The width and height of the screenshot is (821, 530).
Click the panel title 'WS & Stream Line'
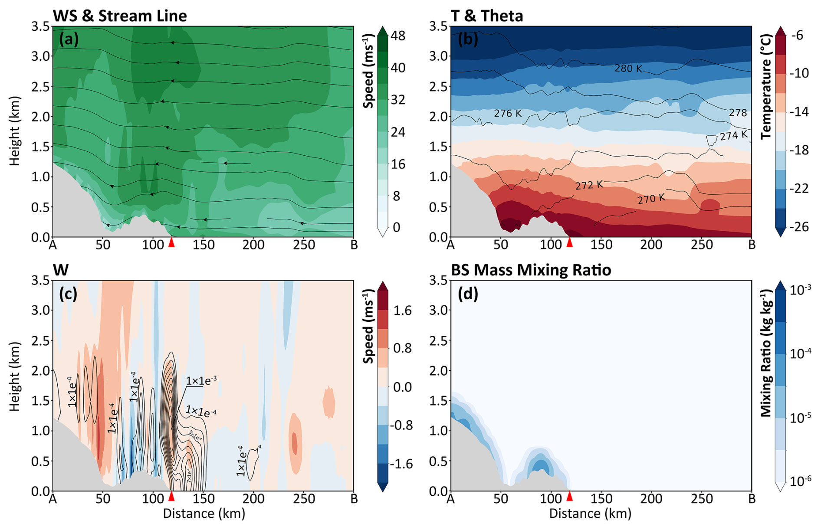120,16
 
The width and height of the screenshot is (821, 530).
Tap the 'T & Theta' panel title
487,16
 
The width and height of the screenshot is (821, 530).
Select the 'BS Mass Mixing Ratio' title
531,270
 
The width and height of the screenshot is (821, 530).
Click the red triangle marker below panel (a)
171,242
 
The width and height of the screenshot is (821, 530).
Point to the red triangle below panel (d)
570,496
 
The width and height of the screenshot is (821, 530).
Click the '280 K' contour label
628,68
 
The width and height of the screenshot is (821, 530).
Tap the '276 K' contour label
508,114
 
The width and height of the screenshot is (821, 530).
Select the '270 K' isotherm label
651,199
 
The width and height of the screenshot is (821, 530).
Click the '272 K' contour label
589,185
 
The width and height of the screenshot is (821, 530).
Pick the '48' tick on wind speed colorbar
398,36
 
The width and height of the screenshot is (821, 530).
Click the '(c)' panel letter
69,294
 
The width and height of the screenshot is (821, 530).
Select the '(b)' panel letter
467,39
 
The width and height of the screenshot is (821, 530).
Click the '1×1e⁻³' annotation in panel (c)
201,381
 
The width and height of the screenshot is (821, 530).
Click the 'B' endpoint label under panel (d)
752,499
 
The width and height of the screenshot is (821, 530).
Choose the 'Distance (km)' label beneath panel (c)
204,514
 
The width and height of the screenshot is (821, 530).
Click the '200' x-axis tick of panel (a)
253,245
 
